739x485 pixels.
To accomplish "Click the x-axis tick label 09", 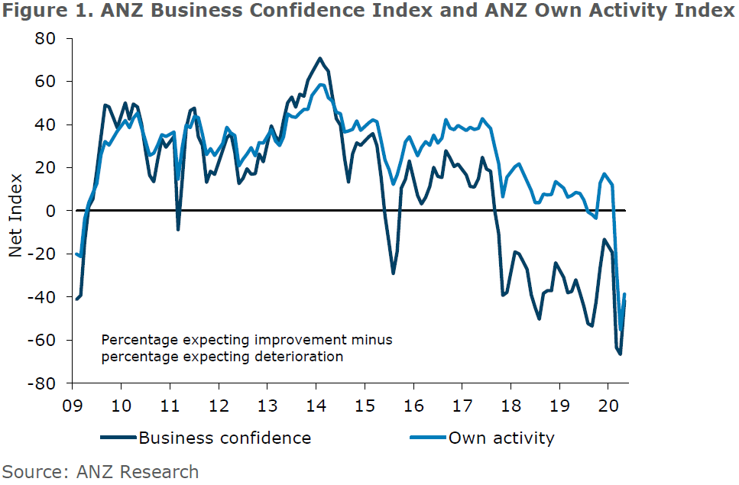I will pyautogui.click(x=73, y=405).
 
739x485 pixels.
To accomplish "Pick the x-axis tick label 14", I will pyautogui.click(x=316, y=405).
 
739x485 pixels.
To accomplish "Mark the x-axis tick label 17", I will pyautogui.click(x=462, y=405).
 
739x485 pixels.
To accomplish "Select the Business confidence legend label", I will pyautogui.click(x=225, y=438).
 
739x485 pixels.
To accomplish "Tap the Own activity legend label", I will pyautogui.click(x=501, y=438).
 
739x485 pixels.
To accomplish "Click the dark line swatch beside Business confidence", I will pyautogui.click(x=118, y=438).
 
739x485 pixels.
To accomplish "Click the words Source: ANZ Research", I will pyautogui.click(x=100, y=472).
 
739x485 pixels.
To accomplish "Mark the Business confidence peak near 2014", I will pyautogui.click(x=319, y=58).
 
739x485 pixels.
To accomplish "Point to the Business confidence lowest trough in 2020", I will pyautogui.click(x=621, y=354).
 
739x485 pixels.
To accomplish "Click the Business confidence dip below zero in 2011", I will pyautogui.click(x=178, y=229).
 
